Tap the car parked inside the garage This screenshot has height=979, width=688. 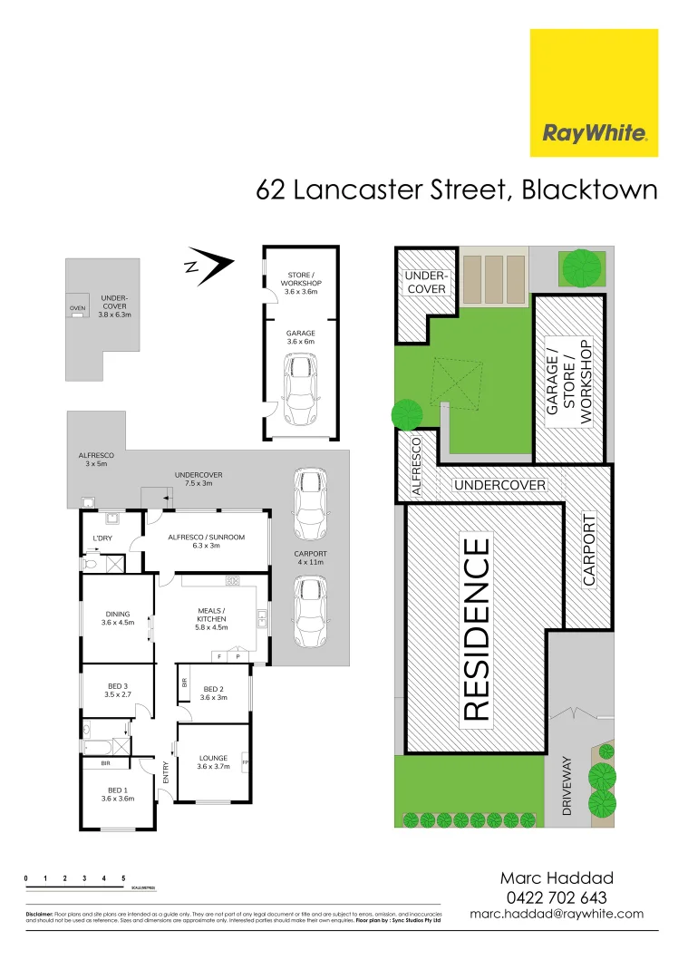click(x=301, y=390)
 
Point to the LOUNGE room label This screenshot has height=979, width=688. click(x=213, y=761)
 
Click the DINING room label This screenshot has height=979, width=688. click(x=117, y=618)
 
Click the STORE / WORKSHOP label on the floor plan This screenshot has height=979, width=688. click(x=299, y=283)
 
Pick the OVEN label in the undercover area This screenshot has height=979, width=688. click(x=77, y=309)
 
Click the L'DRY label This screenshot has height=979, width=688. click(x=102, y=539)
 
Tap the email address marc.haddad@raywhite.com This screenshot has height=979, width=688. click(x=557, y=914)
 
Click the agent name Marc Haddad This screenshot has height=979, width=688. click(x=557, y=877)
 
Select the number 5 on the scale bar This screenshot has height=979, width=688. click(x=122, y=878)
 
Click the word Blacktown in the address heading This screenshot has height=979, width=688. click(x=588, y=190)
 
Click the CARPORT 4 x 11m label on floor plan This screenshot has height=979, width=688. click(x=310, y=557)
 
